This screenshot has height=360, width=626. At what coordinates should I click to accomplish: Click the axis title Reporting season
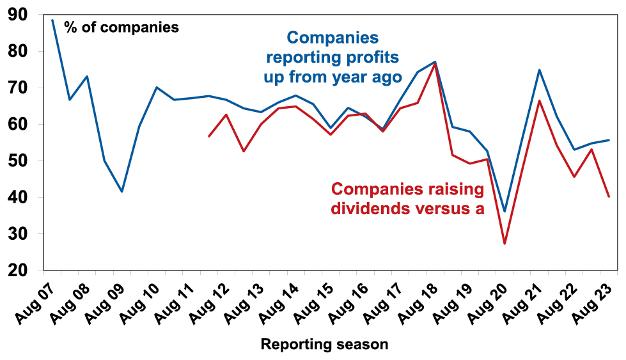point(324,345)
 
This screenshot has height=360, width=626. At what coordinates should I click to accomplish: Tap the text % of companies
point(121,27)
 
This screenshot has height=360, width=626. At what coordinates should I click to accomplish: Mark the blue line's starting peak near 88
point(52,20)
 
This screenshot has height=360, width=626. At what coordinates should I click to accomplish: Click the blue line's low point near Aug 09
point(121,191)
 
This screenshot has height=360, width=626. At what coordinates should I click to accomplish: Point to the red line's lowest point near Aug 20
point(505,244)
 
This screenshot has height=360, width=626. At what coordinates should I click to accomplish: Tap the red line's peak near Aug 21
point(540,100)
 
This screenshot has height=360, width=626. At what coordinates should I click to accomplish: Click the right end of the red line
point(609,196)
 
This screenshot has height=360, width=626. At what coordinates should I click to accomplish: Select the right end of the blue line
point(609,140)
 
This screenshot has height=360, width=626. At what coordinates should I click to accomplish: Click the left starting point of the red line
point(208,136)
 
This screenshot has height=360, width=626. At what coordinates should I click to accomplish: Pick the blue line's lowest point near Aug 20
point(505,211)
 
